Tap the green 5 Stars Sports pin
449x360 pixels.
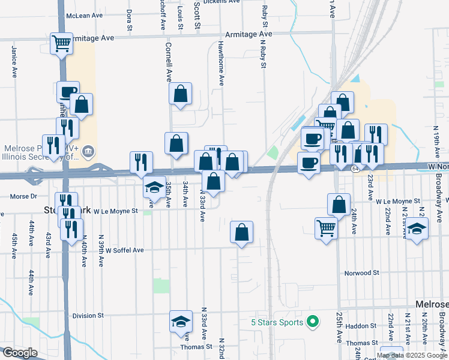[x=312, y=322]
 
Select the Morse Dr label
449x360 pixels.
[x=24, y=196]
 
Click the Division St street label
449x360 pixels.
[x=88, y=316]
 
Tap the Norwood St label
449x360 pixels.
[x=361, y=272]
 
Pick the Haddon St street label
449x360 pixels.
[x=361, y=326]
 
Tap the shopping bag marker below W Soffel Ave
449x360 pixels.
[x=241, y=233]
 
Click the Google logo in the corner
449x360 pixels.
[x=20, y=353]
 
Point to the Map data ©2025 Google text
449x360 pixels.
[x=412, y=355]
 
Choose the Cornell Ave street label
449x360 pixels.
[x=169, y=62]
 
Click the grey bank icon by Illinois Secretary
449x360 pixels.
[x=88, y=149]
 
